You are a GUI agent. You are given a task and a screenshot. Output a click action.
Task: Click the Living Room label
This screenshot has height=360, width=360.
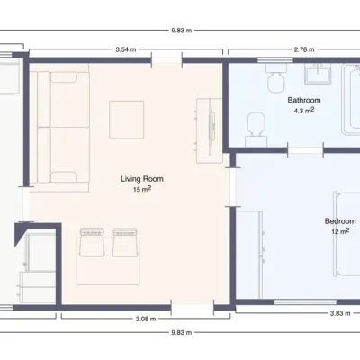point(142,179)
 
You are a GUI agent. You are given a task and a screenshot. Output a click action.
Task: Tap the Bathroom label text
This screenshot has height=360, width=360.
point(304,100)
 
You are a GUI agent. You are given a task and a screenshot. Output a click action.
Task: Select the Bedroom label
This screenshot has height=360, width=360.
point(340,221)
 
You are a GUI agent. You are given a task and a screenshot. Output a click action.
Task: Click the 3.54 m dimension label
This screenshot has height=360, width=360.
point(126,49)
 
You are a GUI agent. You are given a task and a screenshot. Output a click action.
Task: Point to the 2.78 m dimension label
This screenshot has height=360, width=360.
point(304,49)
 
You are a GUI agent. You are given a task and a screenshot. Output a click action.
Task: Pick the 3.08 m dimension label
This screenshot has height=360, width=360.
point(146,319)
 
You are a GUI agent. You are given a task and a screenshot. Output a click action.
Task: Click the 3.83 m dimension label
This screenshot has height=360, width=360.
point(340,313)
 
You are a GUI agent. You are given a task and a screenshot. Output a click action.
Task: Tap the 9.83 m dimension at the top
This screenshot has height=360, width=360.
point(182,31)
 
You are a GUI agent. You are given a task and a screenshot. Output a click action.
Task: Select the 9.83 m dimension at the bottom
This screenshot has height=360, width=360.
point(182,332)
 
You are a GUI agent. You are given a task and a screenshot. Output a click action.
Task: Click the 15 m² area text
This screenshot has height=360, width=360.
point(142,189)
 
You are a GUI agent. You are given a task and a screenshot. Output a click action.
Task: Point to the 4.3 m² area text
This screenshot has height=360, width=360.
point(304,111)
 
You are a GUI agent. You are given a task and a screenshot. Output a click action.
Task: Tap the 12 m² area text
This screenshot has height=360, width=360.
point(340,231)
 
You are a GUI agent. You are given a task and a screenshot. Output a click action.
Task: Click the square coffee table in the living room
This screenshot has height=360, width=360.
point(126,120)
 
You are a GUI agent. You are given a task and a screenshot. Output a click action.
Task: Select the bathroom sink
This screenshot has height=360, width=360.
point(318,74)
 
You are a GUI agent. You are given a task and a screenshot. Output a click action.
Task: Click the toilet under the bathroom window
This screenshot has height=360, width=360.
point(275,77)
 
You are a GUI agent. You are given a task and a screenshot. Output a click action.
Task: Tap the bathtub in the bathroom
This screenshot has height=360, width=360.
point(351,99)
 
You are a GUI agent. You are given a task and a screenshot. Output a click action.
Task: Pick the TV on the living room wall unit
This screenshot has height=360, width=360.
point(211,127)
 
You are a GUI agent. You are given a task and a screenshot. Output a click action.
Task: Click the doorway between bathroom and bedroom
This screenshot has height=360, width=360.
point(305,150)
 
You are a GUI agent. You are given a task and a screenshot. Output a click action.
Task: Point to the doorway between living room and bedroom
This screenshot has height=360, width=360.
point(233,186)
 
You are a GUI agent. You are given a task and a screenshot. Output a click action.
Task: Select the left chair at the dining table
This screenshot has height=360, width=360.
point(92,242)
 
